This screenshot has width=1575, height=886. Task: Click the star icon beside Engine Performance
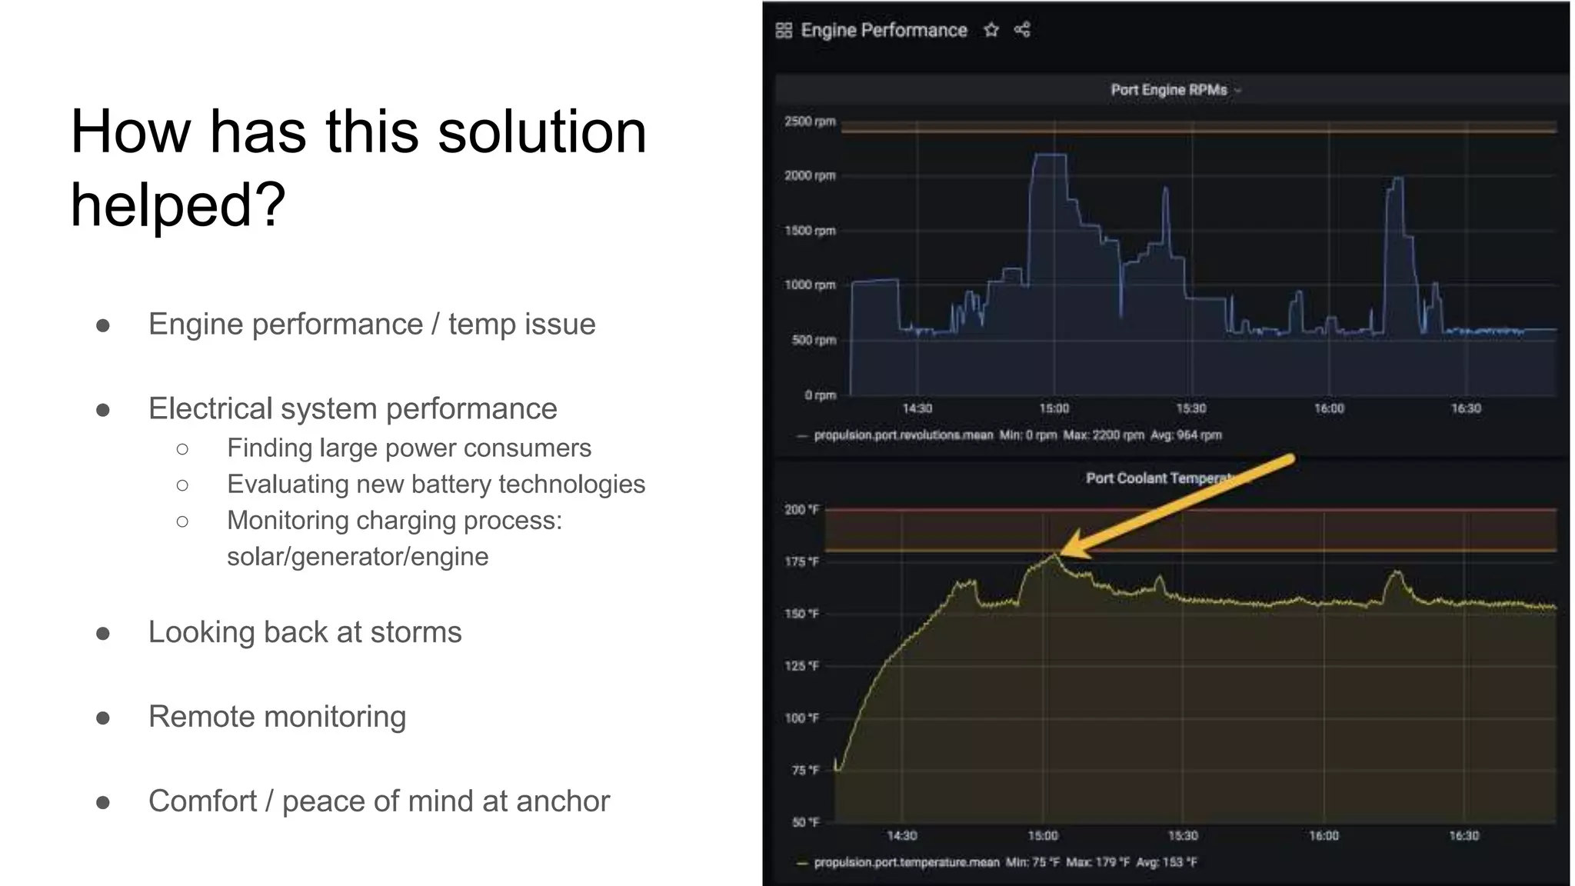(x=991, y=30)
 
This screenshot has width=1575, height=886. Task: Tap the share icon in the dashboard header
(x=1022, y=30)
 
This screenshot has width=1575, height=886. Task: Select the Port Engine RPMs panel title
(x=1168, y=90)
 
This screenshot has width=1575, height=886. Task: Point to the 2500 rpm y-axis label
(x=810, y=122)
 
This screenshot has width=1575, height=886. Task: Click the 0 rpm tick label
(x=820, y=395)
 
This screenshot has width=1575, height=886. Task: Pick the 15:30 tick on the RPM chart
(x=1190, y=408)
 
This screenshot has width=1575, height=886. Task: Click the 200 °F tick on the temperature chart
(x=801, y=510)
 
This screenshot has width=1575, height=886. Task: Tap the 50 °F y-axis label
(x=805, y=822)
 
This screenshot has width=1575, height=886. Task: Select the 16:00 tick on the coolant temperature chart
(x=1324, y=836)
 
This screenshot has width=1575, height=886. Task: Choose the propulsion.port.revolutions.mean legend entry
(x=903, y=435)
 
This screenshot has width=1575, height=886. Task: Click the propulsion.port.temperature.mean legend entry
(x=906, y=862)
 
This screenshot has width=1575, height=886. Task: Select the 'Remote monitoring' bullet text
(x=277, y=717)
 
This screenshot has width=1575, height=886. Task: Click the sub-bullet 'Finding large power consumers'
(x=408, y=448)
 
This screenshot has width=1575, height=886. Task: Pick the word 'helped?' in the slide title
(x=178, y=205)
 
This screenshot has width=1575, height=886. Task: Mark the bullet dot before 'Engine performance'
(x=103, y=325)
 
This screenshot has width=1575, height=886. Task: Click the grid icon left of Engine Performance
(x=784, y=30)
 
